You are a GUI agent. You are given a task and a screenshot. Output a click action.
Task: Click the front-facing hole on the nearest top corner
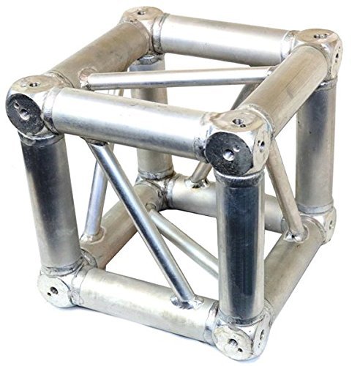(229, 154)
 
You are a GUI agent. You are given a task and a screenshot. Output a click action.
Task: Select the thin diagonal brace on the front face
(143, 220)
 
